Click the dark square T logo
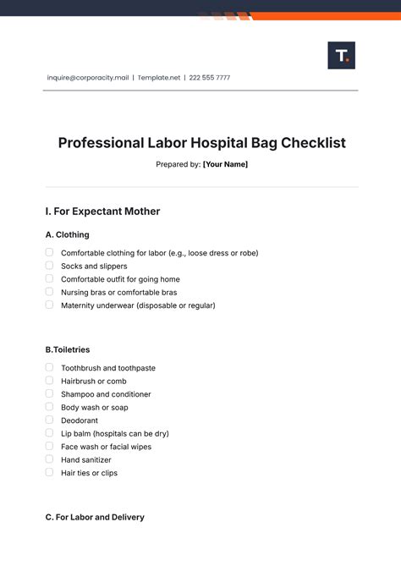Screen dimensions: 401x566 (341, 55)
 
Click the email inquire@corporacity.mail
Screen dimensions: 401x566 (88, 78)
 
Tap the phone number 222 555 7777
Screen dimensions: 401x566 (210, 78)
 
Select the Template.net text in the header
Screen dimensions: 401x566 (158, 78)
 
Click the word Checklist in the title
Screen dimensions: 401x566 (313, 143)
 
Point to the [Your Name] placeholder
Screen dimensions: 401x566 (225, 164)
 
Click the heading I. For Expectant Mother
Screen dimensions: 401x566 (102, 212)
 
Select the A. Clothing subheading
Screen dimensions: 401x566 (67, 234)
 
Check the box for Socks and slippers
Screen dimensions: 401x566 (49, 266)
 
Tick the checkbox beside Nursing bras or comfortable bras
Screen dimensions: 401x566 (49, 292)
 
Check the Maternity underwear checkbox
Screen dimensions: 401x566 (49, 305)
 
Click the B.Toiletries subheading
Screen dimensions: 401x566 (67, 349)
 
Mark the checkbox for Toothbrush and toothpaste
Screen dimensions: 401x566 (49, 368)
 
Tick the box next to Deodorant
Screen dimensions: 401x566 (49, 420)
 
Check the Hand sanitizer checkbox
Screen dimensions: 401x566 (49, 459)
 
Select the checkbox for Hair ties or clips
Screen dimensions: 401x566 (49, 472)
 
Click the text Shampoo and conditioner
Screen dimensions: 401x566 (106, 394)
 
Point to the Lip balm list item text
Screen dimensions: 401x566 (114, 433)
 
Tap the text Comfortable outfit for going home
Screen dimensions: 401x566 (120, 279)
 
